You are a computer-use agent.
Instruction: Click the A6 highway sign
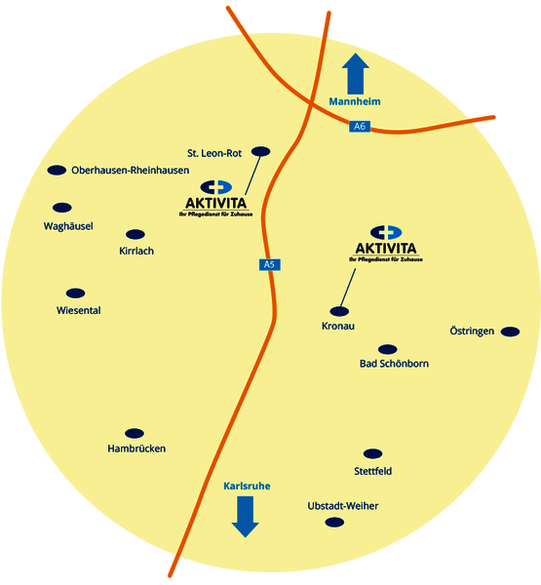coord(360,126)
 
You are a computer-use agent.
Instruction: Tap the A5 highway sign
coord(269,264)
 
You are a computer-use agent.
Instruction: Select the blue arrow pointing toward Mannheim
coord(356,73)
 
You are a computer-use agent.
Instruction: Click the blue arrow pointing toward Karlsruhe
coord(245,517)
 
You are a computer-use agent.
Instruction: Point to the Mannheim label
coord(355,101)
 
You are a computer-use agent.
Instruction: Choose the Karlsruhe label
coord(247,487)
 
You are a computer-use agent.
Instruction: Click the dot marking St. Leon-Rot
coord(261,151)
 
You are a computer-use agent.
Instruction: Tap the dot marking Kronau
coord(339,311)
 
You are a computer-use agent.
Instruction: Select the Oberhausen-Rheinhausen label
coord(131,171)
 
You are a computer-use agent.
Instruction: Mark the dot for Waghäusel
coord(62,208)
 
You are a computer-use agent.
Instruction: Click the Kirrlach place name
coord(136,251)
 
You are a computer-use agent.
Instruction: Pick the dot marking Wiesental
coord(75,293)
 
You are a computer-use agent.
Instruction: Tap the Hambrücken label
coord(136,448)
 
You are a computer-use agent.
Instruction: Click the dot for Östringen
coord(510,331)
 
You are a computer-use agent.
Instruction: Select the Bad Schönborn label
coord(394,364)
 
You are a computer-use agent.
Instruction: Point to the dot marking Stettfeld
coord(372,453)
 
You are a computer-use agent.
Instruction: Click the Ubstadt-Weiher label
coord(343,506)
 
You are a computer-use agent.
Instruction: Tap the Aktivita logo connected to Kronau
coord(386,244)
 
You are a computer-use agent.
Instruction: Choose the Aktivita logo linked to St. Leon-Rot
coord(216,199)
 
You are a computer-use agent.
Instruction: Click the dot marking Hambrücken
coord(135,433)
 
